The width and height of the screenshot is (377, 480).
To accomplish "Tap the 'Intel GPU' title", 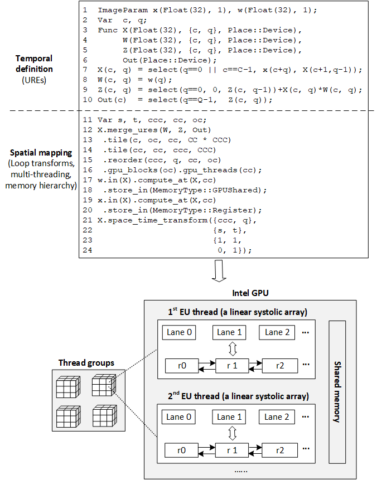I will pos(250,293).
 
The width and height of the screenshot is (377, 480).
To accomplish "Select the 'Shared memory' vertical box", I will pos(337,391).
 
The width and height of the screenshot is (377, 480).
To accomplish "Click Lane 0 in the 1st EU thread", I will pos(180,332).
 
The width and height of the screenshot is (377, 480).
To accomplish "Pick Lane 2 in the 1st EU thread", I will pos(274,332).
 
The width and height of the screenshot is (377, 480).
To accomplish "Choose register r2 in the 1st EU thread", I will pos(274,366).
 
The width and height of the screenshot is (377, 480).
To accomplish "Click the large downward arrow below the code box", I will pos(219,270).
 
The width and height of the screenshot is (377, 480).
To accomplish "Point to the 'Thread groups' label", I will pos(86,363).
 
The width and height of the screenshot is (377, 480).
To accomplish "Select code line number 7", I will pos(85,70).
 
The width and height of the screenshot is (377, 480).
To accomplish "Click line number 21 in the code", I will pos(86,220).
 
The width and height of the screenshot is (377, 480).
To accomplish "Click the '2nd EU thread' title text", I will pos(237,396).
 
